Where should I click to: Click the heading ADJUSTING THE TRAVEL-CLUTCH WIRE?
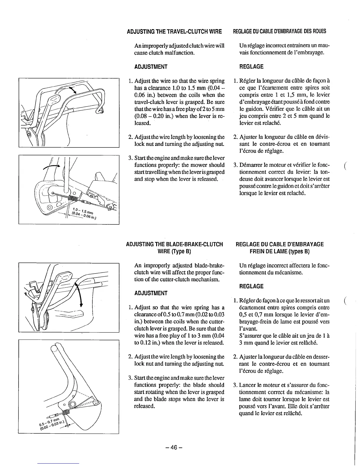[174, 31]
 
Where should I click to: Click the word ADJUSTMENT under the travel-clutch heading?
[151, 67]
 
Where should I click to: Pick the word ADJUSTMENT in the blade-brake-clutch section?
[151, 293]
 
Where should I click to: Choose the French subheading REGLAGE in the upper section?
[251, 67]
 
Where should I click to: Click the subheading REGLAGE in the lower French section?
[251, 286]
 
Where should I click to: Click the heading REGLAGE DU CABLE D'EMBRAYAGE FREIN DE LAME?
[280, 248]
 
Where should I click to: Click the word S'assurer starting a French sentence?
[250, 336]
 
